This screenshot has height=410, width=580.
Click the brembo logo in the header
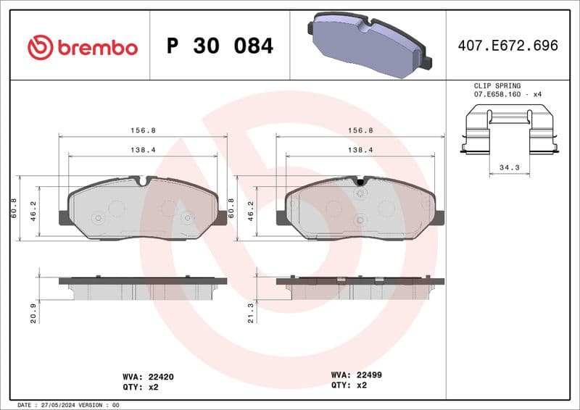(x=82, y=47)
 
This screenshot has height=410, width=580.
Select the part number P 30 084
(x=220, y=46)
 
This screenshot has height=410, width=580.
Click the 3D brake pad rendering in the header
(x=368, y=44)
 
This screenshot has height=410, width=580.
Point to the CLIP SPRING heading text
(x=497, y=85)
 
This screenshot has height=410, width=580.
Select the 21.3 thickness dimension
(x=251, y=313)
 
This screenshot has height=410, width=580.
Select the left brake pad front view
(x=143, y=208)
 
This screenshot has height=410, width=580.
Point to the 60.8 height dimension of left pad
(x=14, y=208)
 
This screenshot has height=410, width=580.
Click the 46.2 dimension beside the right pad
(x=251, y=209)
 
